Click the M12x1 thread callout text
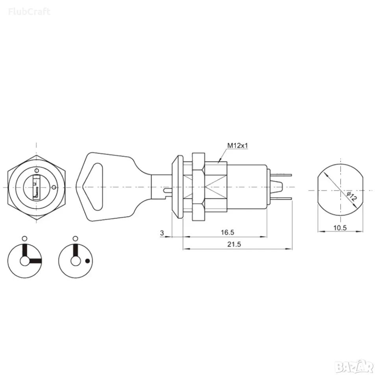(x=238, y=146)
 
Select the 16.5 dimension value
(x=227, y=232)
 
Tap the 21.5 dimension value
(x=234, y=245)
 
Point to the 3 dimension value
(x=162, y=233)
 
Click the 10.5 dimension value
(x=340, y=228)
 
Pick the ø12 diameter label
(x=352, y=197)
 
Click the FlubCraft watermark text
(x=30, y=11)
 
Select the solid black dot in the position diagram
(x=88, y=261)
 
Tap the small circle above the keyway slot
(x=36, y=170)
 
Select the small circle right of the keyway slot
(x=54, y=187)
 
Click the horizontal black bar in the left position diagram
(x=35, y=261)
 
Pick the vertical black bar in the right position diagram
(x=76, y=251)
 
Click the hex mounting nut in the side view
(x=198, y=187)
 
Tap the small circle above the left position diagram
(x=24, y=239)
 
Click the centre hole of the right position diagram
(x=76, y=261)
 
